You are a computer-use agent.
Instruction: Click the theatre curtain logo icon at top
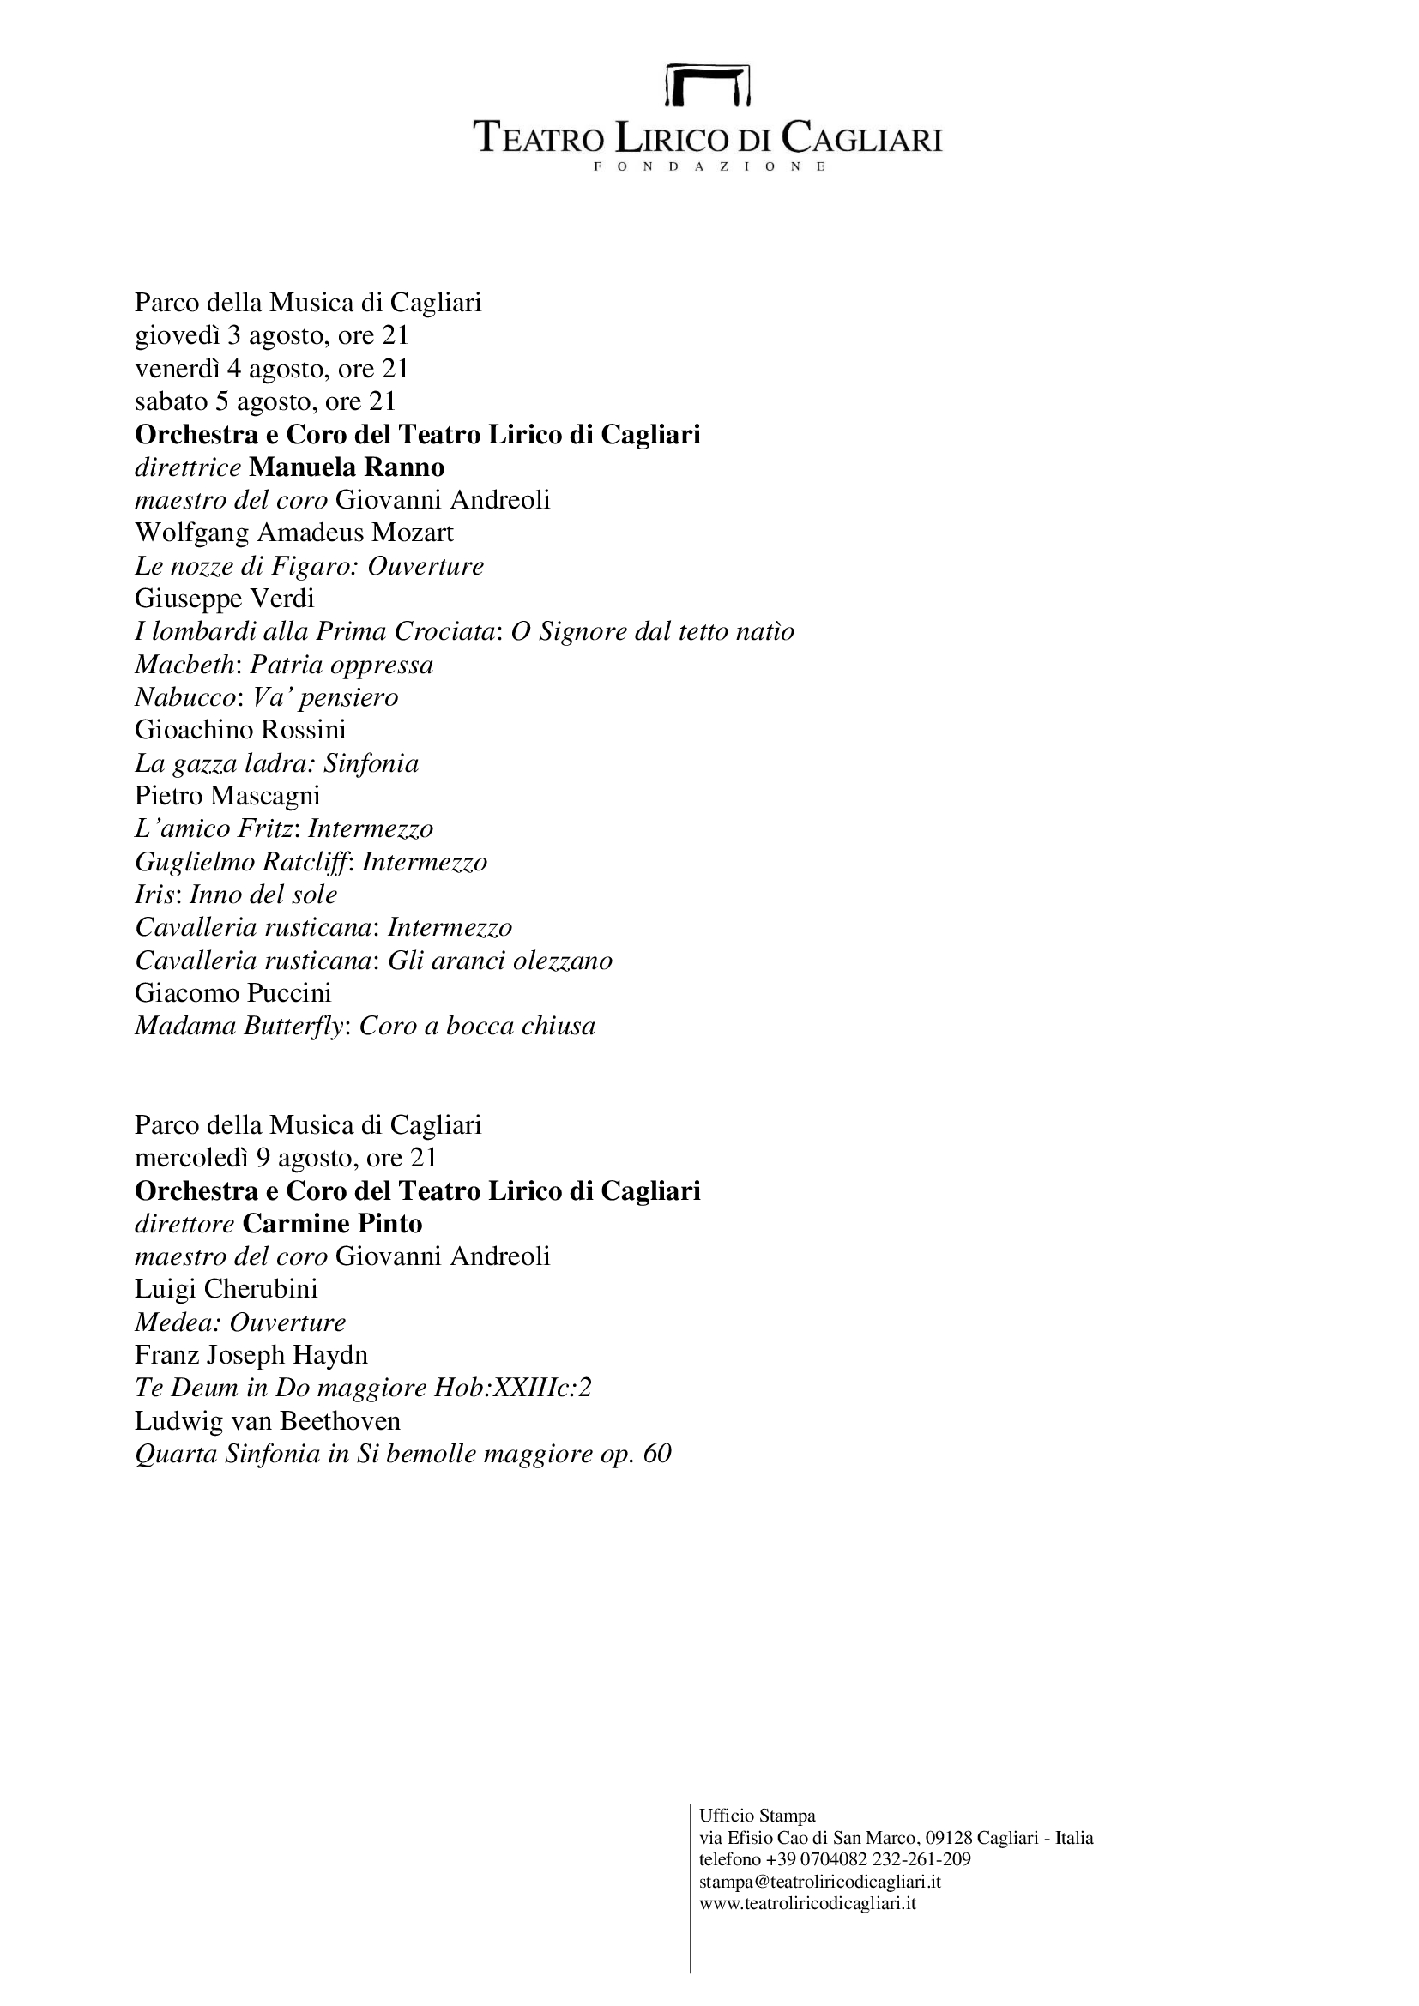pos(709,85)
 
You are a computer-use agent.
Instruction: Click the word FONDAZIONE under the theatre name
pos(709,166)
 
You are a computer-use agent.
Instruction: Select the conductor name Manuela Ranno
pos(347,467)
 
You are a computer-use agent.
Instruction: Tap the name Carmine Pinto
pos(332,1223)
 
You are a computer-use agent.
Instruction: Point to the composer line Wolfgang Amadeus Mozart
pos(294,532)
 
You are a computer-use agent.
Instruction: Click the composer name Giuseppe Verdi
pos(225,599)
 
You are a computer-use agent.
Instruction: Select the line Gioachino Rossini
pos(240,730)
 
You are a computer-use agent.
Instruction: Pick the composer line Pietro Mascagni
pos(227,796)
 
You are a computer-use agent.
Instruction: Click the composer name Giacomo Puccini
pos(233,993)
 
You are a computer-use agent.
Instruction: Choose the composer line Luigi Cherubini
pos(226,1289)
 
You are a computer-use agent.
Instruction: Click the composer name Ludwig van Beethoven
pos(268,1420)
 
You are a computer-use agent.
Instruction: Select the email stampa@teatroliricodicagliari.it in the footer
pos(819,1882)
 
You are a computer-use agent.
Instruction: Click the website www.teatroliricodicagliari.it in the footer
pos(807,1903)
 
